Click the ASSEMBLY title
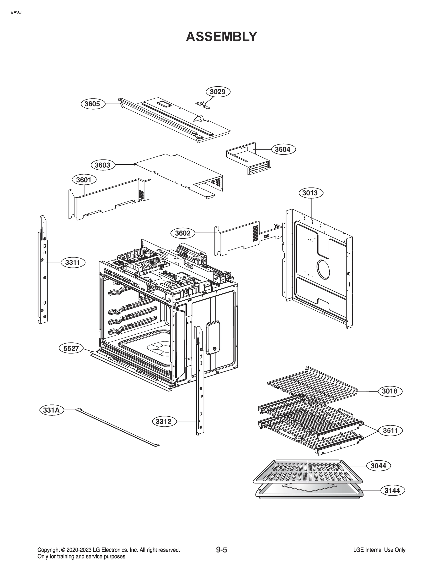click(x=221, y=37)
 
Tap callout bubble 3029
click(x=218, y=92)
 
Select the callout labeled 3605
click(x=92, y=104)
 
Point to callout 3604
click(x=283, y=149)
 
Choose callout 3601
click(x=84, y=180)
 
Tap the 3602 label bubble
click(x=183, y=233)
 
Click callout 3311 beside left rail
click(x=73, y=262)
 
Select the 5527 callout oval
click(x=71, y=348)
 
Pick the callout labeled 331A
click(x=52, y=410)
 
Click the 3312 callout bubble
click(x=164, y=422)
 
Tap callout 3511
click(x=390, y=430)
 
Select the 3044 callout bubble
click(x=379, y=466)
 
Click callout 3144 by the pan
click(x=392, y=491)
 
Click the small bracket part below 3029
click(x=204, y=105)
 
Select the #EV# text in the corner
click(x=16, y=12)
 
